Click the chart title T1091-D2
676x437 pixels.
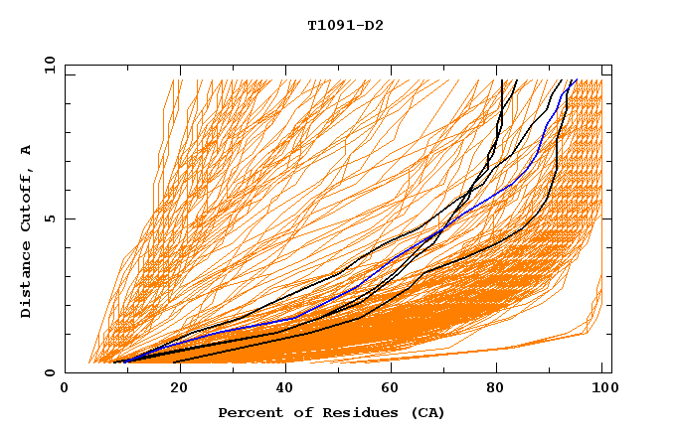tap(345, 25)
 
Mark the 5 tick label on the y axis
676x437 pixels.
tap(49, 218)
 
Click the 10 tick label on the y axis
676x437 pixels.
tap(46, 65)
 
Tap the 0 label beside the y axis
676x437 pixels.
tap(49, 372)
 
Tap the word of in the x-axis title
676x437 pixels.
tap(294, 412)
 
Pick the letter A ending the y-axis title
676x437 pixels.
tap(26, 150)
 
